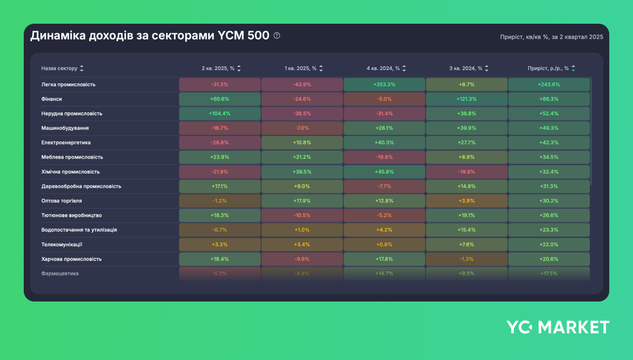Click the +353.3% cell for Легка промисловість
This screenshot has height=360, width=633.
pos(384,84)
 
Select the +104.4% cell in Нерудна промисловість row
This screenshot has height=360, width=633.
pos(219,113)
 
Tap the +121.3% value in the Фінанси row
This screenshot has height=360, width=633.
pos(466,99)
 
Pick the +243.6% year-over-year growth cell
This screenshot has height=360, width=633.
pos(549,84)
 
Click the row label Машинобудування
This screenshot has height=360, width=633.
pos(65,128)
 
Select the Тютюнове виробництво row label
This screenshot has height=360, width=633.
pos(71,216)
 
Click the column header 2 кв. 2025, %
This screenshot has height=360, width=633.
pos(217,69)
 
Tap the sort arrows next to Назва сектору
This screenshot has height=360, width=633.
pos(82,69)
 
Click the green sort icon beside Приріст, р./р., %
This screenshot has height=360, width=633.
pos(573,69)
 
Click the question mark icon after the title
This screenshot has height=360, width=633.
pos(277,36)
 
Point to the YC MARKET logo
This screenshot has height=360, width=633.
pos(558,327)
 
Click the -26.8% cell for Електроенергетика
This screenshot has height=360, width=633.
pos(219,143)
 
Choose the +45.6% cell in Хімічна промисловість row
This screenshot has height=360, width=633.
pos(384,172)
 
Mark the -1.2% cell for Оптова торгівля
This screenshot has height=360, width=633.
pos(219,201)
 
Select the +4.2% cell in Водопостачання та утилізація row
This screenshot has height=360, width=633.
pos(384,230)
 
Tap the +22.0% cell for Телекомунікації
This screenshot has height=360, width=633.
pos(549,245)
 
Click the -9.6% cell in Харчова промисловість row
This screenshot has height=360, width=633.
pos(302,259)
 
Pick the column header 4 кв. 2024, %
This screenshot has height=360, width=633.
pos(383,69)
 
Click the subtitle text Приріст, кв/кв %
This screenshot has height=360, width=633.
pos(524,37)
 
